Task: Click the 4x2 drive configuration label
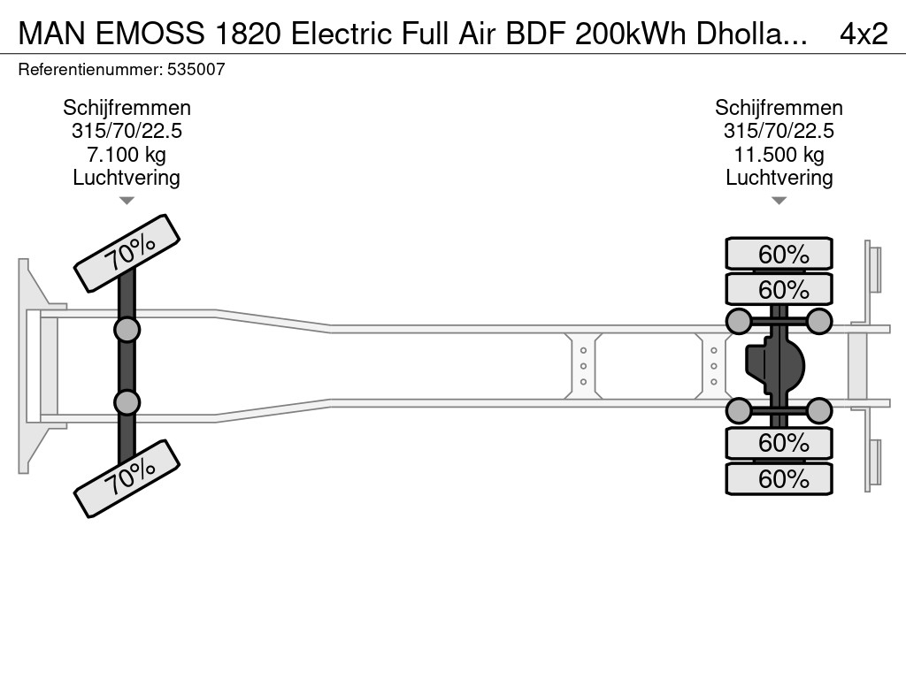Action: point(863,33)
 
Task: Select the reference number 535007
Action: point(196,69)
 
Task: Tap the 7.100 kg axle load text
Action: point(127,155)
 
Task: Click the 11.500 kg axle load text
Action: point(779,155)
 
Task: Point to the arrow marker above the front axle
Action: point(127,201)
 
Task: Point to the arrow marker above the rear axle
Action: point(779,201)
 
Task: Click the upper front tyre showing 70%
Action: point(127,253)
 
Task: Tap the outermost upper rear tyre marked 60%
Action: point(779,254)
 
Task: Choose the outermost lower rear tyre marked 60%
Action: point(779,479)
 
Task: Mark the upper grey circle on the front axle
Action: point(127,330)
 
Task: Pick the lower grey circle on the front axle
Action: point(127,402)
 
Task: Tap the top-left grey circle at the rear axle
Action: point(739,321)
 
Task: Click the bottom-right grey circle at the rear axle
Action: point(819,410)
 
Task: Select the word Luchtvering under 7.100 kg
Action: point(127,178)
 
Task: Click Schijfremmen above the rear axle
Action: point(779,108)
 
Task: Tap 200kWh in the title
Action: point(618,33)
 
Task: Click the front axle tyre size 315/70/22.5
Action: point(127,131)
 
